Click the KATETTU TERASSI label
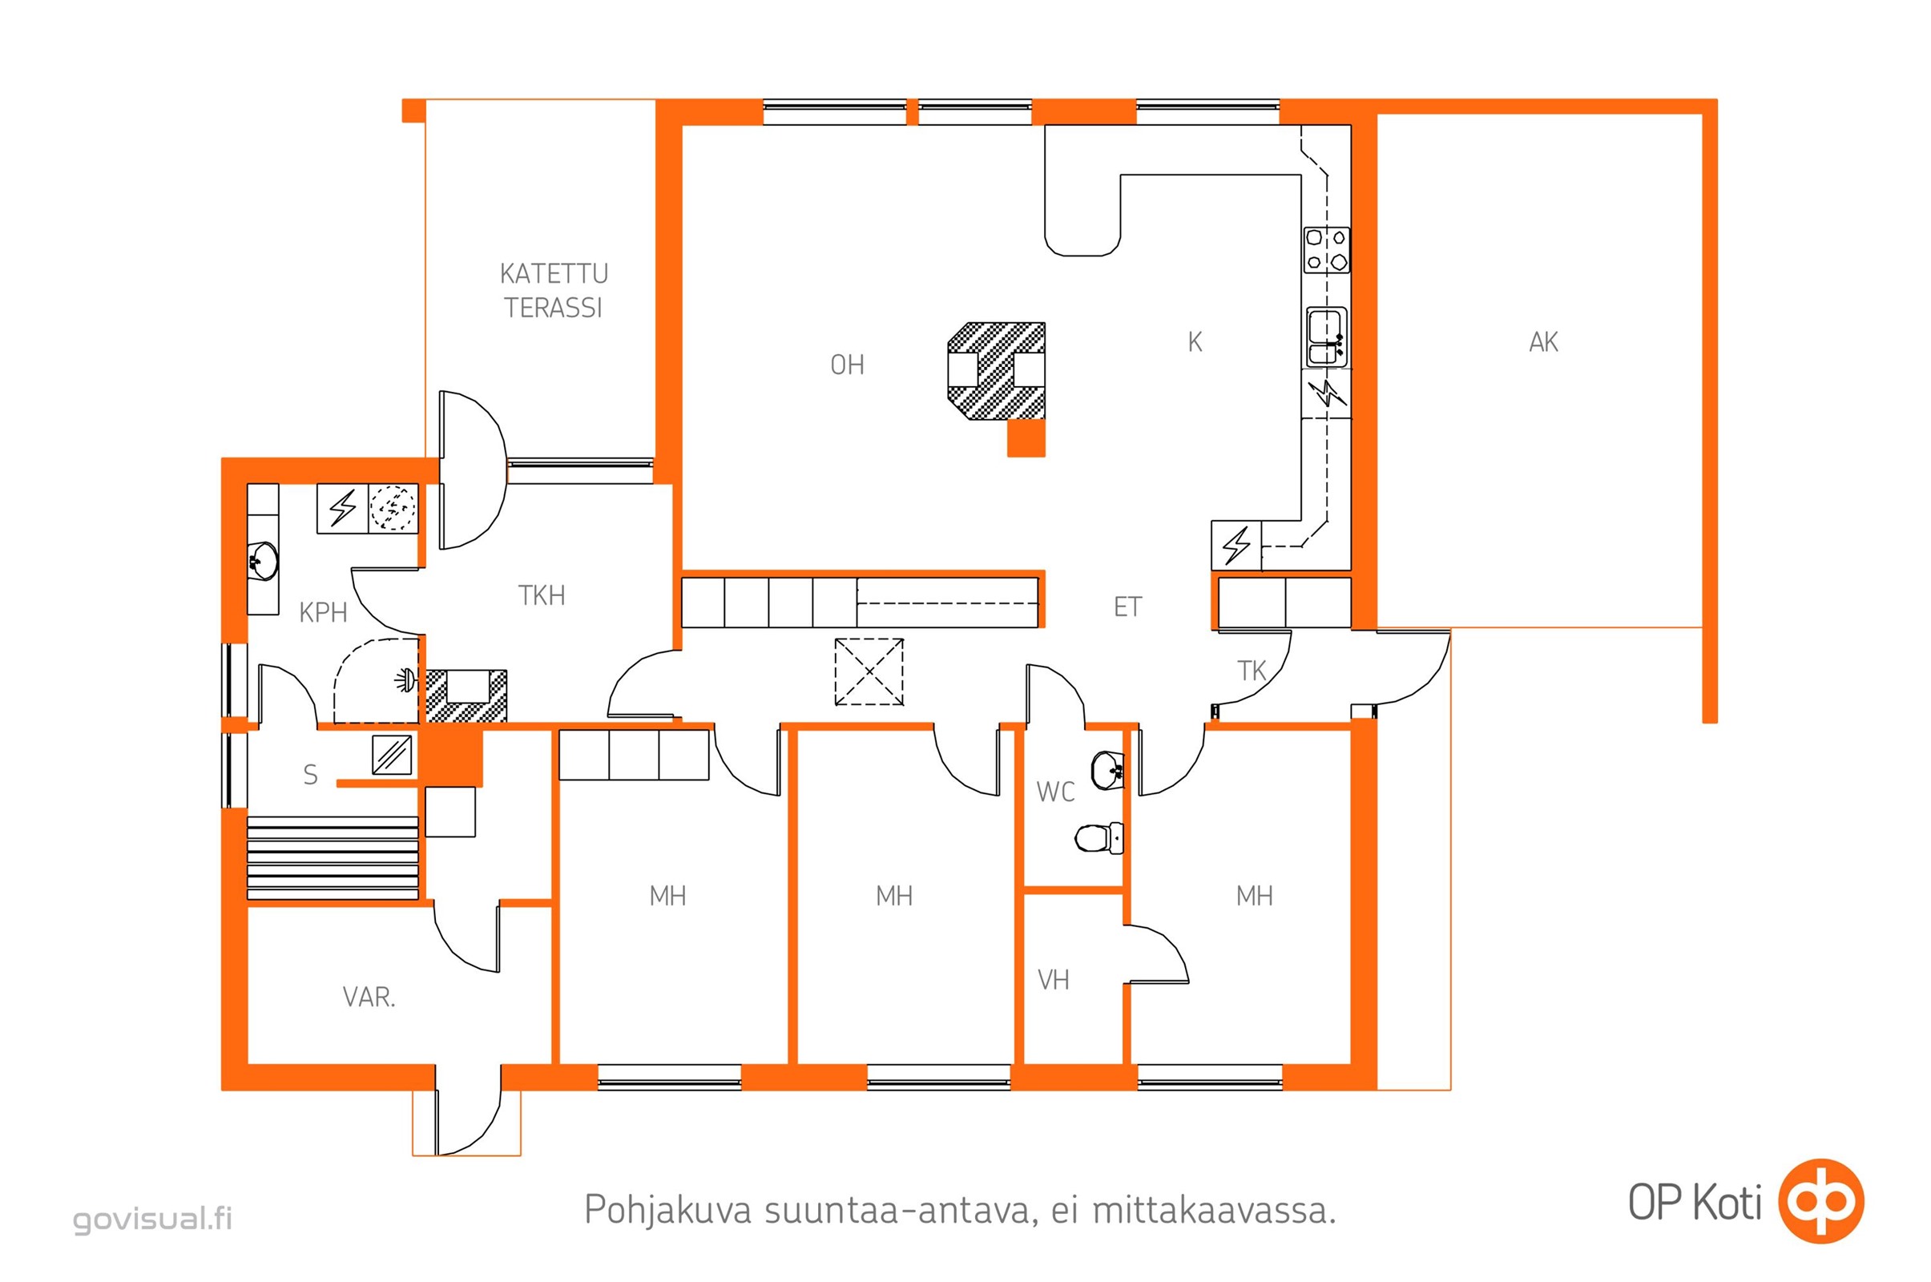(x=554, y=290)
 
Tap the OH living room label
(x=847, y=365)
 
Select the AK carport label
(x=1543, y=342)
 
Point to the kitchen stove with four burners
(x=1326, y=250)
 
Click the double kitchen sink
(x=1326, y=337)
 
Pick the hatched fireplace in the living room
(x=996, y=371)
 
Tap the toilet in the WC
(x=1098, y=838)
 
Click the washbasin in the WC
(x=1108, y=770)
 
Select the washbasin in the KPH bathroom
(x=264, y=561)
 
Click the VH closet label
(x=1053, y=979)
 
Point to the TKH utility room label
(x=541, y=595)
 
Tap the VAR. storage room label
(x=369, y=998)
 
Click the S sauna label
(x=310, y=774)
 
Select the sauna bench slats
(x=333, y=857)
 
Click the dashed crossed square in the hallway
(x=869, y=672)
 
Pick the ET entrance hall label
(x=1127, y=607)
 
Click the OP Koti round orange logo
(x=1821, y=1201)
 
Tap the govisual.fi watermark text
(x=153, y=1219)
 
